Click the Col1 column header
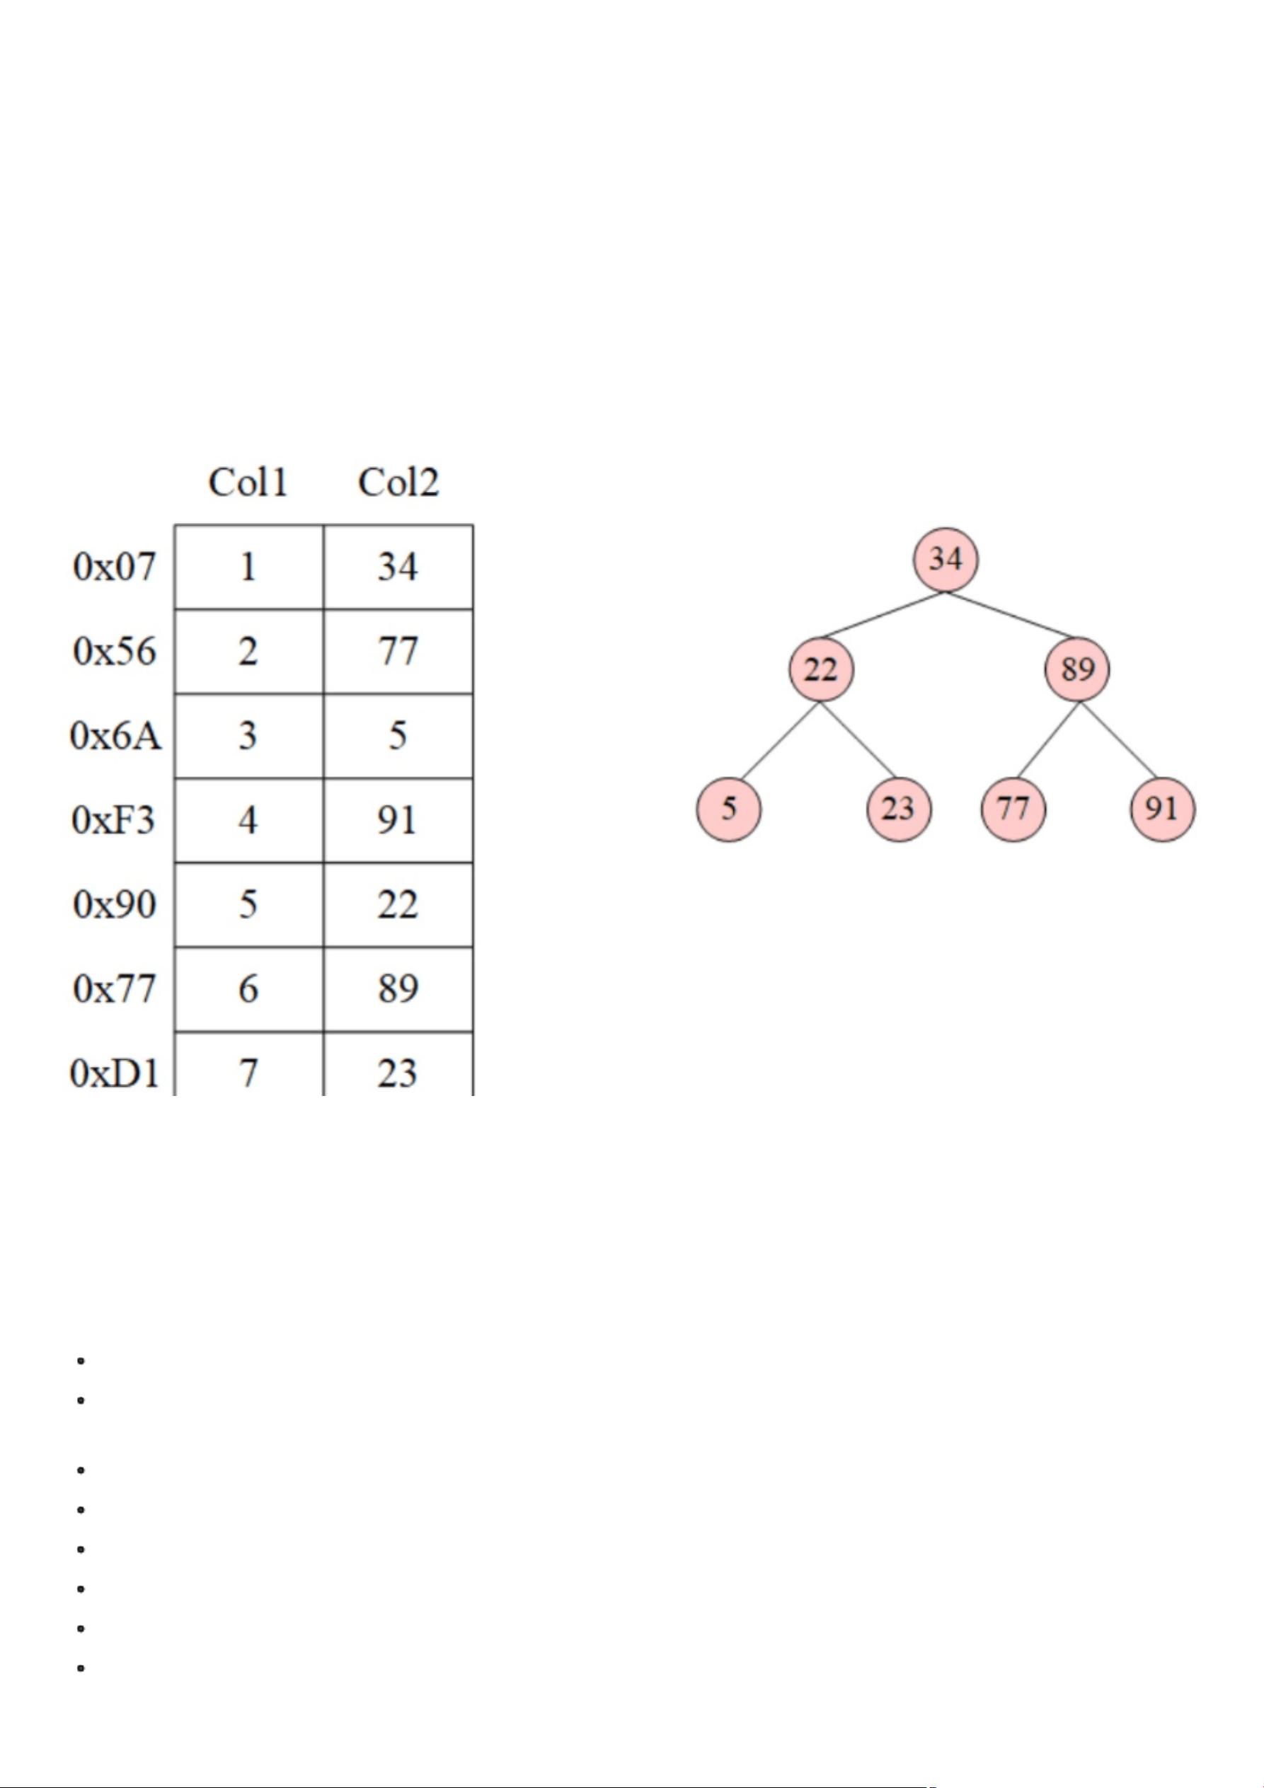[248, 483]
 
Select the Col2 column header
[398, 483]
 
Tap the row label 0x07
[115, 567]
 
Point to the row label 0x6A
[116, 735]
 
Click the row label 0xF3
[114, 820]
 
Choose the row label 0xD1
[115, 1073]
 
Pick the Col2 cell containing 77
[398, 651]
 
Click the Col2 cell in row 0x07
[398, 567]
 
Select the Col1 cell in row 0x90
[248, 904]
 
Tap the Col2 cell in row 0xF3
[398, 820]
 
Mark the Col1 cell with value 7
[248, 1073]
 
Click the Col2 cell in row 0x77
[398, 989]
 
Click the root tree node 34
[946, 559]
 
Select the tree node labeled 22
[821, 669]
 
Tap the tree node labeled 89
[1077, 669]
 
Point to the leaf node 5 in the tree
[728, 808]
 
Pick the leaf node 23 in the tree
[898, 808]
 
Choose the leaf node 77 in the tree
[1013, 808]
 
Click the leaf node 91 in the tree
[1162, 808]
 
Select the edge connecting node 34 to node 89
[1011, 615]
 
